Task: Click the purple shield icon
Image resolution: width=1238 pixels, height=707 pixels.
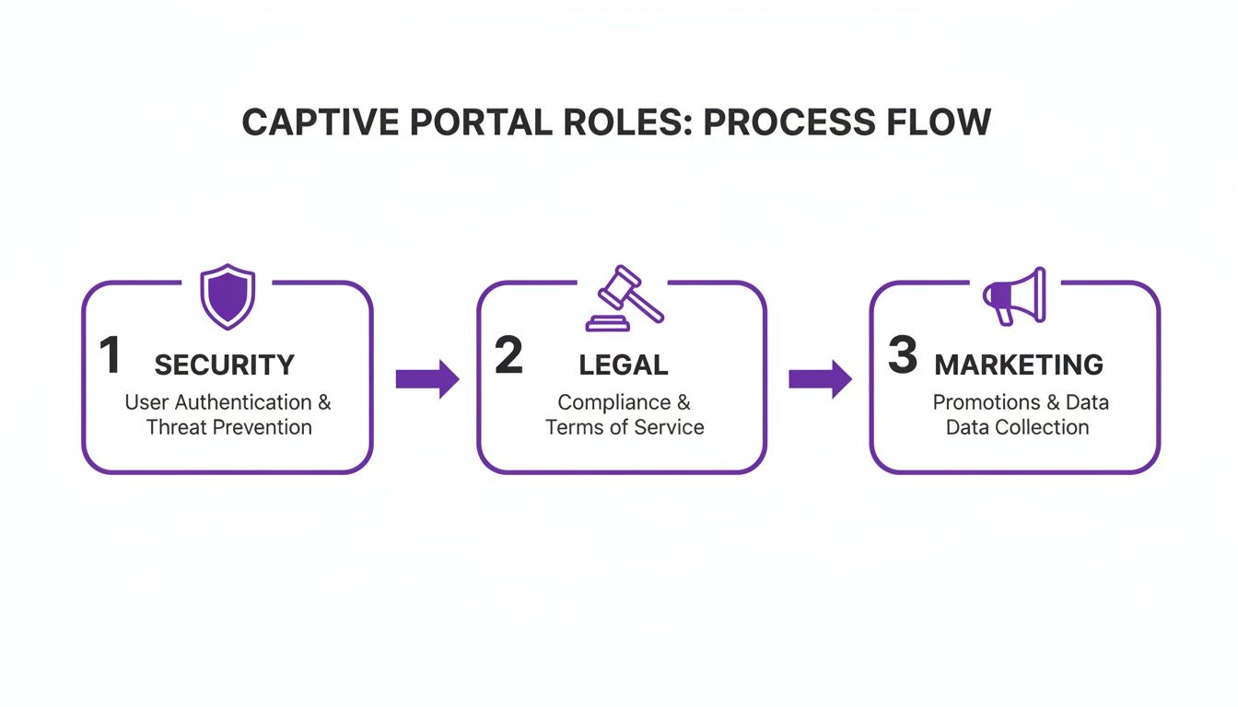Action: click(x=228, y=296)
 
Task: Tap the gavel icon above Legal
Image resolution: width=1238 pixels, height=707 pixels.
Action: click(x=624, y=298)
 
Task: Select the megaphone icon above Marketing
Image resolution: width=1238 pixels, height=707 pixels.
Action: click(x=1015, y=296)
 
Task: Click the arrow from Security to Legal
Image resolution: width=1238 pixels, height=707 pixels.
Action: click(x=427, y=378)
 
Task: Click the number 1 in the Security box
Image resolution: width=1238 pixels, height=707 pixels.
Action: click(x=110, y=356)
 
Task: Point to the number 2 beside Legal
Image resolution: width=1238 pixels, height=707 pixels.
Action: click(x=508, y=356)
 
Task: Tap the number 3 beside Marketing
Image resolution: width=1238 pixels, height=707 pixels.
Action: click(x=902, y=356)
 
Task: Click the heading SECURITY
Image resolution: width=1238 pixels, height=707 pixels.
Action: click(x=224, y=365)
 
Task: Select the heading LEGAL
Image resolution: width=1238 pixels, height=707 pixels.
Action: click(x=624, y=365)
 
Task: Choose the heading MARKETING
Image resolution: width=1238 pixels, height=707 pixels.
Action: click(x=1019, y=365)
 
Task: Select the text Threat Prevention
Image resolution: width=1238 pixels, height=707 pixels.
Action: click(x=228, y=427)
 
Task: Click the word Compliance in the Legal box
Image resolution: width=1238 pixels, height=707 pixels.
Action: click(x=613, y=402)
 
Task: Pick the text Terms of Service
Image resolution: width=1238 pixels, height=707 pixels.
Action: click(x=625, y=427)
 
